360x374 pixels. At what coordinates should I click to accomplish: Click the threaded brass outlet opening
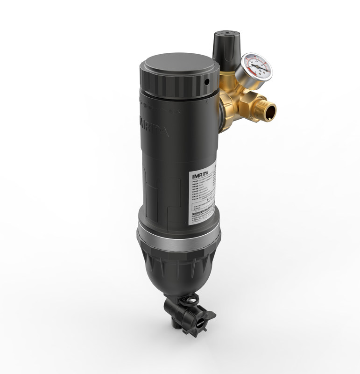point(269,110)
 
